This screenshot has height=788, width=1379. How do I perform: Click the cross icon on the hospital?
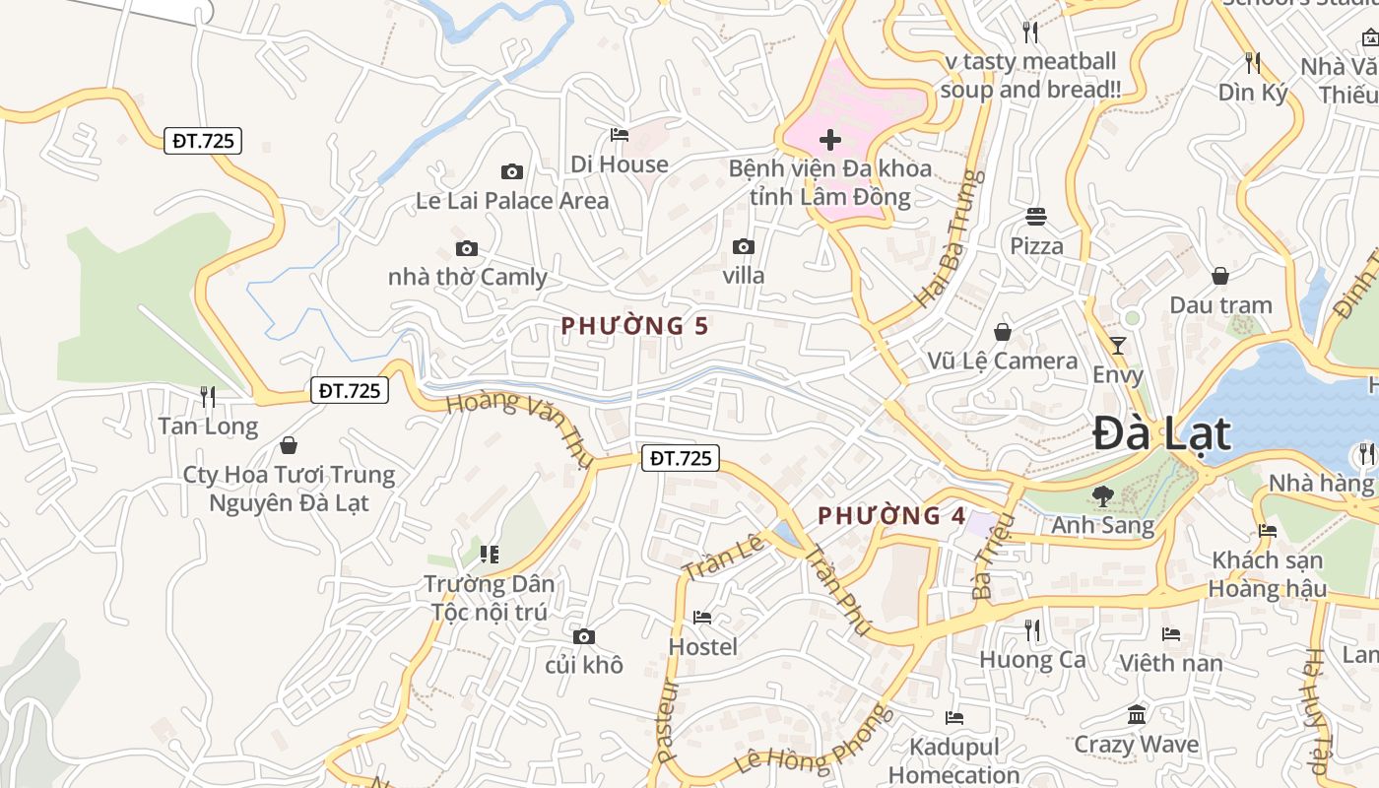(x=830, y=140)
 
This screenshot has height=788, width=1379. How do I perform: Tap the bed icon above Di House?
(x=620, y=134)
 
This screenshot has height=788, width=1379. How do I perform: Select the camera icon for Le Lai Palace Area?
(x=511, y=172)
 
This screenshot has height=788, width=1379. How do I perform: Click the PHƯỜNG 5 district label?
(x=635, y=326)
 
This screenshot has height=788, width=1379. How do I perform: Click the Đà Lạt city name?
(x=1162, y=434)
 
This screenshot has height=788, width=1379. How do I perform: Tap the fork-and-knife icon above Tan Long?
(x=208, y=397)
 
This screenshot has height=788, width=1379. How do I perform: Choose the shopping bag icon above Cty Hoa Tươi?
(x=289, y=445)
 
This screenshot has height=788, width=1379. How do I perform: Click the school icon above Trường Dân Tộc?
(x=490, y=555)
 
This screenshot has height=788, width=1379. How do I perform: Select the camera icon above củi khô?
(x=584, y=636)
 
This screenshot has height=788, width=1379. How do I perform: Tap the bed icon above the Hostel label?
(x=702, y=618)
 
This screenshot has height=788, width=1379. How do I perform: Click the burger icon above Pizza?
(x=1035, y=216)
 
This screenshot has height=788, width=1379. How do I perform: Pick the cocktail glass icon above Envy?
(x=1118, y=345)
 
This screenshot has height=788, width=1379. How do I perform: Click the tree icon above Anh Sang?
(x=1102, y=495)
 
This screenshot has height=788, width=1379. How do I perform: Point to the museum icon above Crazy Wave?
(x=1137, y=714)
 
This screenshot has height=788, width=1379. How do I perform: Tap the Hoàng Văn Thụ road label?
(x=519, y=429)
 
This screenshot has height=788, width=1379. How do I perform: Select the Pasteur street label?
(x=669, y=720)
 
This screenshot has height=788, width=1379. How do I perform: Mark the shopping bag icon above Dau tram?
(x=1220, y=276)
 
